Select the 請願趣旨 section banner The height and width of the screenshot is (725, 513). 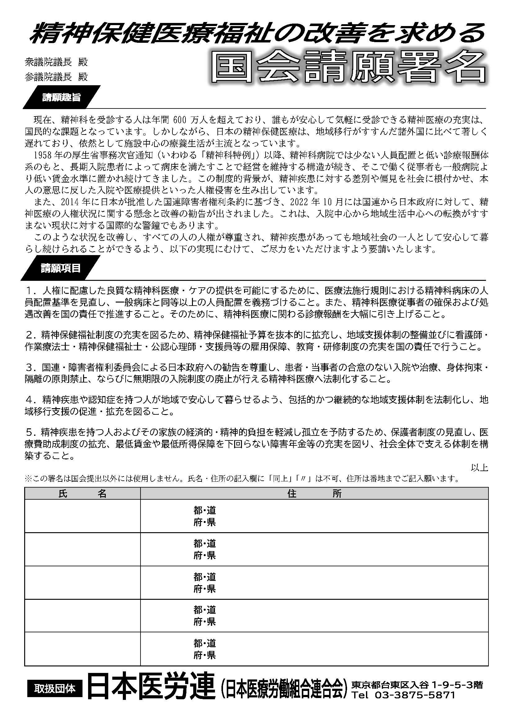pos(61,98)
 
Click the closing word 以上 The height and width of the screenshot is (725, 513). pos(480,468)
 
